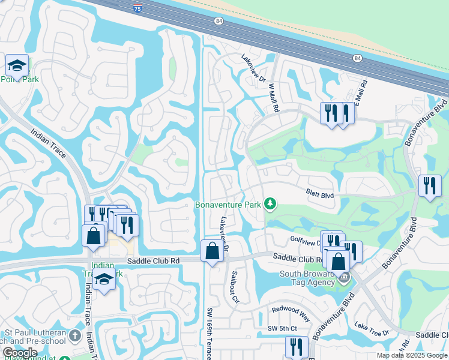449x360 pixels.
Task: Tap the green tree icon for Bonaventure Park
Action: (271, 205)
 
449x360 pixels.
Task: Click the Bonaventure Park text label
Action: (228, 205)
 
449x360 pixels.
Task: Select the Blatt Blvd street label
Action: (319, 194)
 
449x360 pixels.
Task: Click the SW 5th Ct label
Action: (282, 328)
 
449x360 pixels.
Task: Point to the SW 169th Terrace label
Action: (210, 334)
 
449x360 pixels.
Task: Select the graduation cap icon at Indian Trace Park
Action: (104, 280)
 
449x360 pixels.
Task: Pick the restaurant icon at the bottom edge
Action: (297, 347)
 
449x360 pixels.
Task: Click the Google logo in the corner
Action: (20, 353)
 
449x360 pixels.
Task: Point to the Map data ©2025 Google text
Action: (412, 355)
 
